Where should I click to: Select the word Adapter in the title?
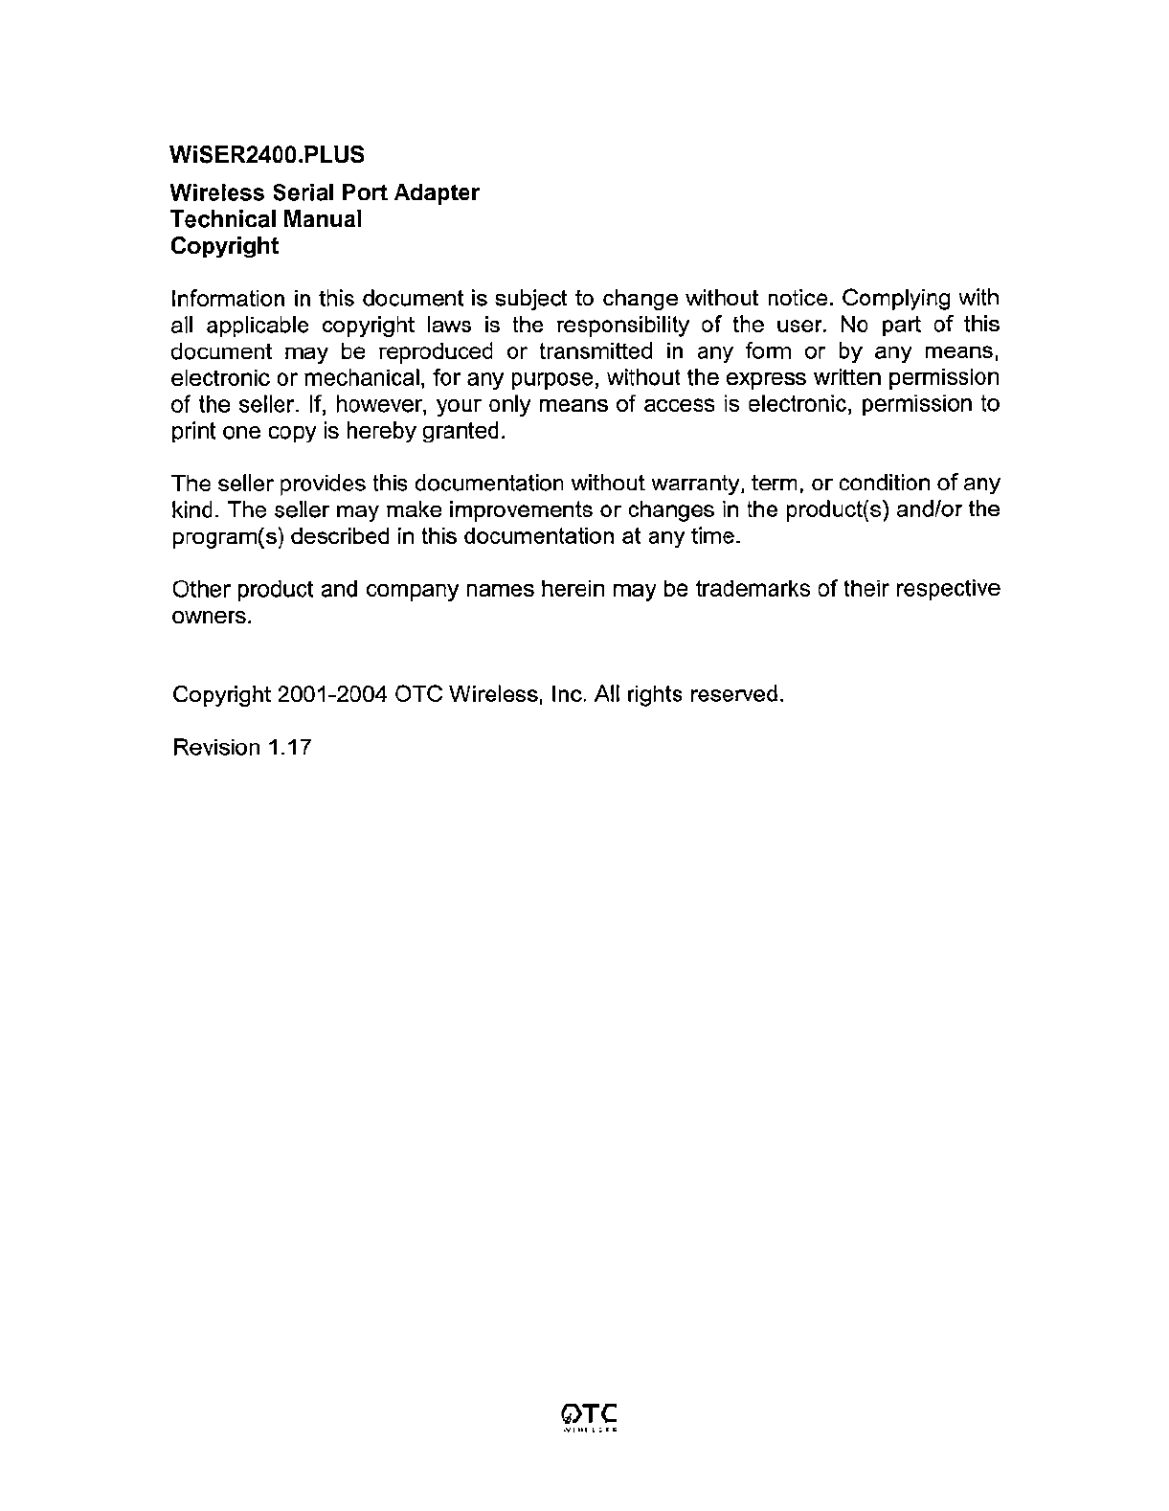(438, 192)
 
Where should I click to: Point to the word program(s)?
(226, 536)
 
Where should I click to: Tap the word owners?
(212, 616)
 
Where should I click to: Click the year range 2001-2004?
(331, 694)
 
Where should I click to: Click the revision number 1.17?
(289, 747)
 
